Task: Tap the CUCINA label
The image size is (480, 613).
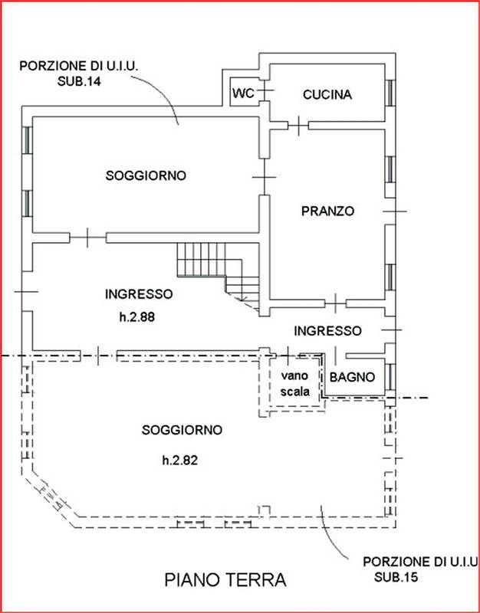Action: [x=327, y=95]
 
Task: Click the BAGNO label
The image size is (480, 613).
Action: [x=351, y=377]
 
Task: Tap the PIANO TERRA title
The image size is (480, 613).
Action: [x=225, y=580]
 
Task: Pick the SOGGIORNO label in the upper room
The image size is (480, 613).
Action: [x=146, y=175]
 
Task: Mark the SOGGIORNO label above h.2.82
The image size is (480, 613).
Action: [x=182, y=430]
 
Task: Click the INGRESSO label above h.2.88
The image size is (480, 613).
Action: [x=140, y=293]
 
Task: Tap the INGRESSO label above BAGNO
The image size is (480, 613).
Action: [x=327, y=331]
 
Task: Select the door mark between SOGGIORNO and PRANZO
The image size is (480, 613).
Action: [x=263, y=179]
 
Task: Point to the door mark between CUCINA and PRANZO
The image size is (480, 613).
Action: [x=296, y=124]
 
